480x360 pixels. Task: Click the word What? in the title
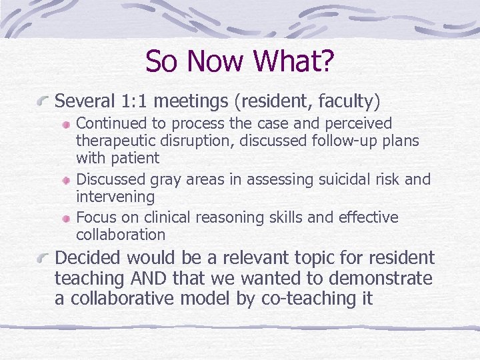point(300,61)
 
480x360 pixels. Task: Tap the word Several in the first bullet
point(85,101)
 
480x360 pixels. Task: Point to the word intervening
point(115,197)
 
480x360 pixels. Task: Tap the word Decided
point(88,257)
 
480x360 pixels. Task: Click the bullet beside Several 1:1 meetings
point(43,102)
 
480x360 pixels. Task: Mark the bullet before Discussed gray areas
point(67,180)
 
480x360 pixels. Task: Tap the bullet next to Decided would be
point(43,258)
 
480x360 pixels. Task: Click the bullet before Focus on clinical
point(67,218)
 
